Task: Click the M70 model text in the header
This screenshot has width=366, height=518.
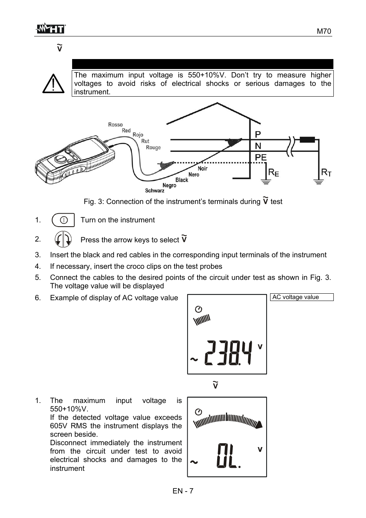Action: pos(324,31)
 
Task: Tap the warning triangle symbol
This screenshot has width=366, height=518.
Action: pos(53,83)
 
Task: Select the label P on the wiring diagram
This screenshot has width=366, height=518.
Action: pos(258,134)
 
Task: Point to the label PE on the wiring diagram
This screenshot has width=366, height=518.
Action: pos(260,157)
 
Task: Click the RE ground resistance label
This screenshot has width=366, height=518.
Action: pos(274,173)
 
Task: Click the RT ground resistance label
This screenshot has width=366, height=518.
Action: pos(326,173)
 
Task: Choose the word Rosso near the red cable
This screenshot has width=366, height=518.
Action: pos(115,125)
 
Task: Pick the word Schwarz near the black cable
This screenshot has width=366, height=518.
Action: pos(155,191)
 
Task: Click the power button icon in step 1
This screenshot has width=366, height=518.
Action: pos(63,220)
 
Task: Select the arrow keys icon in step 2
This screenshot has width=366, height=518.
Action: pos(63,239)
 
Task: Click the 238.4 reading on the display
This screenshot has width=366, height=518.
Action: pos(228,353)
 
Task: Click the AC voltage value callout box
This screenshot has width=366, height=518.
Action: pos(302,297)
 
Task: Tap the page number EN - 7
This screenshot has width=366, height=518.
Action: pos(183,491)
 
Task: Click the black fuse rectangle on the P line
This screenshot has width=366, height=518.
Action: pos(307,140)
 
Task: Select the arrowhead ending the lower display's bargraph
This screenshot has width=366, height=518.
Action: pos(259,425)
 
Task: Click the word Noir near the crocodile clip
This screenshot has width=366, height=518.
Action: pos(203,168)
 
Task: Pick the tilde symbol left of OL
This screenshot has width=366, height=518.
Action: pos(194,462)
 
